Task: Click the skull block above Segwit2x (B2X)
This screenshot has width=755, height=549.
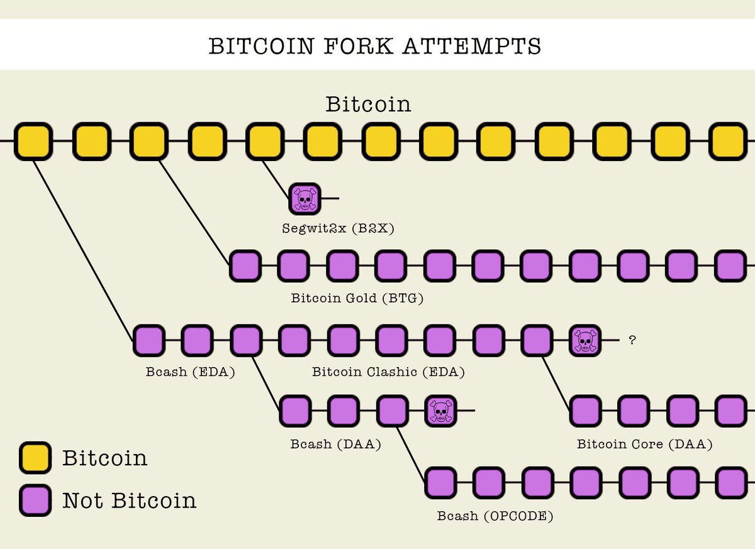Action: click(x=305, y=198)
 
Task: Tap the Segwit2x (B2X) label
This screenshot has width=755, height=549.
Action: click(x=338, y=228)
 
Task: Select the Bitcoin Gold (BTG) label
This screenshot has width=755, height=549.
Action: click(x=357, y=298)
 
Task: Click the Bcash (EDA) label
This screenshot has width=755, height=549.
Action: click(x=189, y=371)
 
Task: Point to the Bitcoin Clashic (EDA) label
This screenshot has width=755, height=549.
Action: click(x=388, y=371)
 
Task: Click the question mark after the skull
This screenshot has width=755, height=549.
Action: click(x=632, y=341)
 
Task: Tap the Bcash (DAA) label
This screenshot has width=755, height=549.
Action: click(x=336, y=444)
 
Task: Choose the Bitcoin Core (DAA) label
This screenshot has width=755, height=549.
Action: click(x=644, y=444)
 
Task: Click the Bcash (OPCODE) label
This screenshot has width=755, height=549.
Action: click(x=495, y=516)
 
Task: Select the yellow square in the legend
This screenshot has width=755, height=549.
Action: click(x=35, y=458)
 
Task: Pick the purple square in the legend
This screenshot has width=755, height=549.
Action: click(x=35, y=501)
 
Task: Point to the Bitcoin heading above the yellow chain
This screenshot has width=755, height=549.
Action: click(x=368, y=104)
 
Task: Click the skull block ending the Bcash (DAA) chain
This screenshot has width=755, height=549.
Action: click(x=440, y=411)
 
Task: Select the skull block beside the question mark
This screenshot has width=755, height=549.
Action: click(x=585, y=341)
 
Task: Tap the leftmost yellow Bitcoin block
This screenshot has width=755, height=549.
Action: click(x=33, y=141)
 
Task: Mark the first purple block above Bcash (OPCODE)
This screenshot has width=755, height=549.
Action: click(x=440, y=483)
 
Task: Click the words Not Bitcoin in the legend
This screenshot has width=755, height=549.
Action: click(x=129, y=501)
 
